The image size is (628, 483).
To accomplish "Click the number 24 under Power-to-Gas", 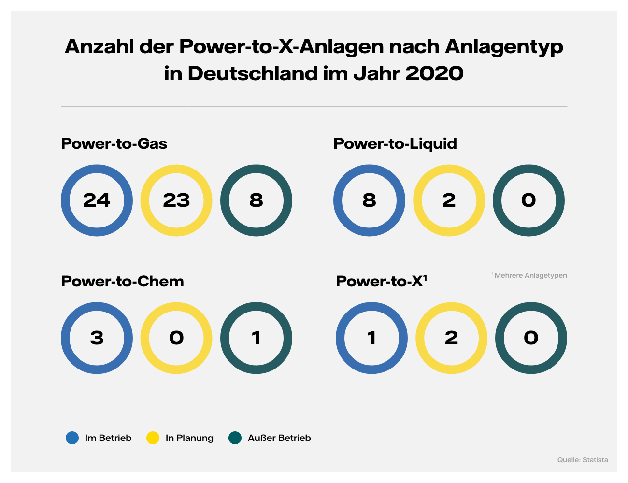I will (x=97, y=200).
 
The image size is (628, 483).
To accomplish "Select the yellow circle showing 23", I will (x=176, y=200).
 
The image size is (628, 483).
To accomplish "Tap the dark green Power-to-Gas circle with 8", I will (x=256, y=200).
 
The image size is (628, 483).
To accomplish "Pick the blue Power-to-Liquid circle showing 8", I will (x=369, y=200).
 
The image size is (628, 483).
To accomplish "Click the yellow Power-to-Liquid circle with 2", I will (x=449, y=200).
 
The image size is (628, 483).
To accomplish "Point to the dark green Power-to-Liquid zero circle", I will (x=528, y=200).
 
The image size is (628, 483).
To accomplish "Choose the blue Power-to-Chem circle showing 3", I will (x=97, y=338).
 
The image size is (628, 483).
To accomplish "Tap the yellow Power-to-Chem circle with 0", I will (x=176, y=338).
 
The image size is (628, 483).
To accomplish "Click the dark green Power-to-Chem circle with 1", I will (x=256, y=338).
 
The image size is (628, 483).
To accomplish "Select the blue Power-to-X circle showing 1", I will (x=371, y=338).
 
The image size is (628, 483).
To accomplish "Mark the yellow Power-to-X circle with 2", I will (x=451, y=338).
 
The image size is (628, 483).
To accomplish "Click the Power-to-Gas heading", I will (x=114, y=144).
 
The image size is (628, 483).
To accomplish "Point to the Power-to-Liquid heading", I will (x=395, y=144).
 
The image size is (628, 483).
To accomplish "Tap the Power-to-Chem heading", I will (x=122, y=282).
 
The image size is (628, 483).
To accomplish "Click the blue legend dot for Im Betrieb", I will (x=72, y=438).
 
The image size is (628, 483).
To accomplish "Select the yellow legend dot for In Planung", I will (x=153, y=438).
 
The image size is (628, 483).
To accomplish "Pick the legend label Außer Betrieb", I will (x=279, y=438).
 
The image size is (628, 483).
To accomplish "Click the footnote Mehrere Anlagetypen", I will (x=530, y=275).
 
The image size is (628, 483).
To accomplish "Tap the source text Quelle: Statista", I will (x=583, y=460).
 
